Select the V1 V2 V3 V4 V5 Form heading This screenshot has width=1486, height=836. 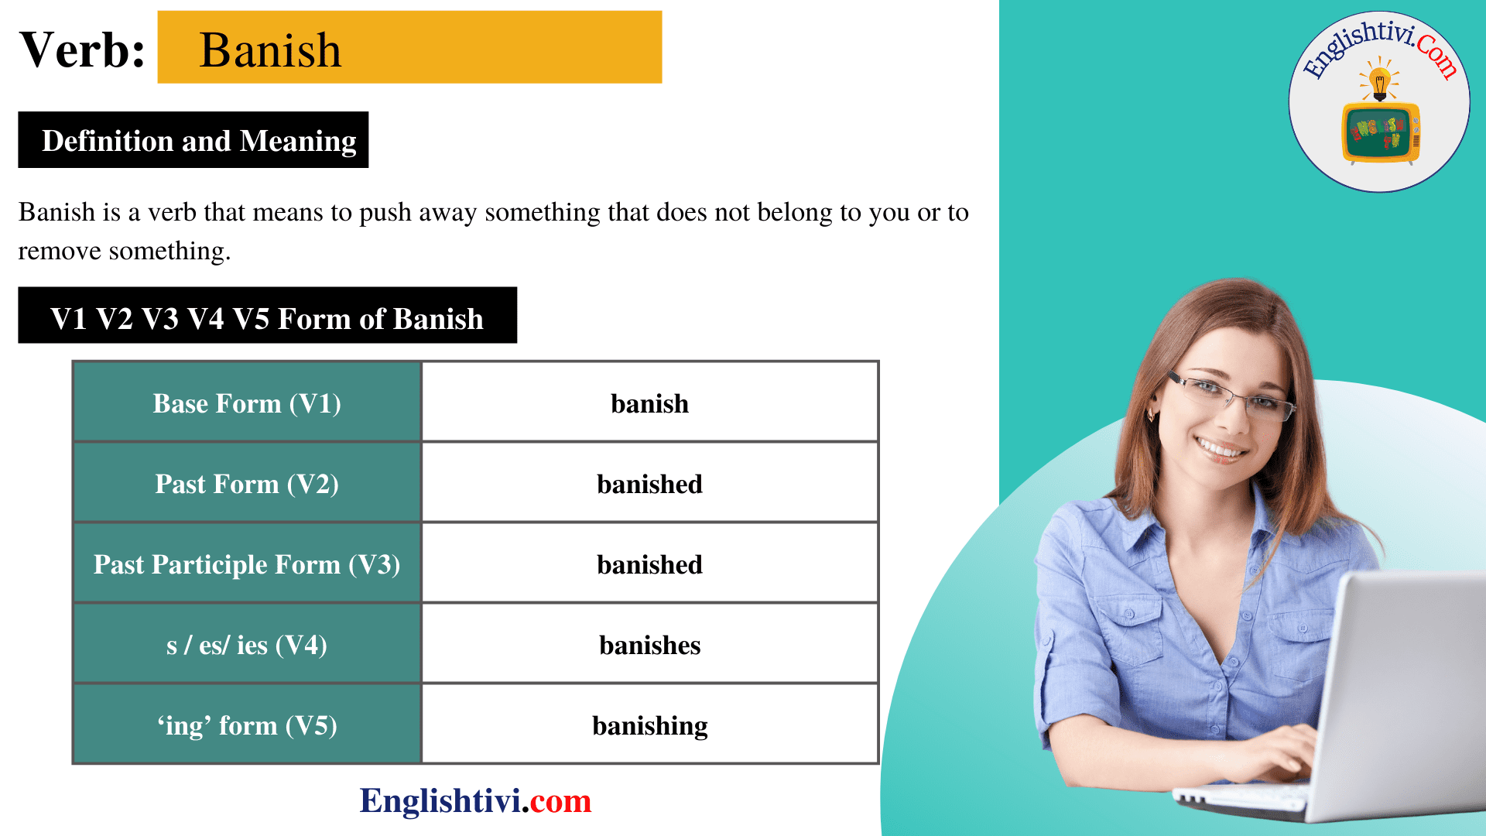pos(267,317)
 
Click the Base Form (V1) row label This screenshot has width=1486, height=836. pos(247,403)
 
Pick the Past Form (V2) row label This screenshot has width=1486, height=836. pos(247,484)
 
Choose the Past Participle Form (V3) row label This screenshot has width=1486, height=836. pos(247,564)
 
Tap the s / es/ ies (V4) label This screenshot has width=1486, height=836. pos(247,645)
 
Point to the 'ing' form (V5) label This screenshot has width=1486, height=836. pos(247,725)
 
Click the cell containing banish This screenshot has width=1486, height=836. pos(649,403)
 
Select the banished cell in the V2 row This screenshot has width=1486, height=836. pos(649,484)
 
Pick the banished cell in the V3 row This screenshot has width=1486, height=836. pos(649,564)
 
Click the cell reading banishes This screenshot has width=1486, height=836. pos(649,645)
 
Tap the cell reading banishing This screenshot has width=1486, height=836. pos(649,725)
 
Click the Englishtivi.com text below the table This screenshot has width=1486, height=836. pos(475,800)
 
